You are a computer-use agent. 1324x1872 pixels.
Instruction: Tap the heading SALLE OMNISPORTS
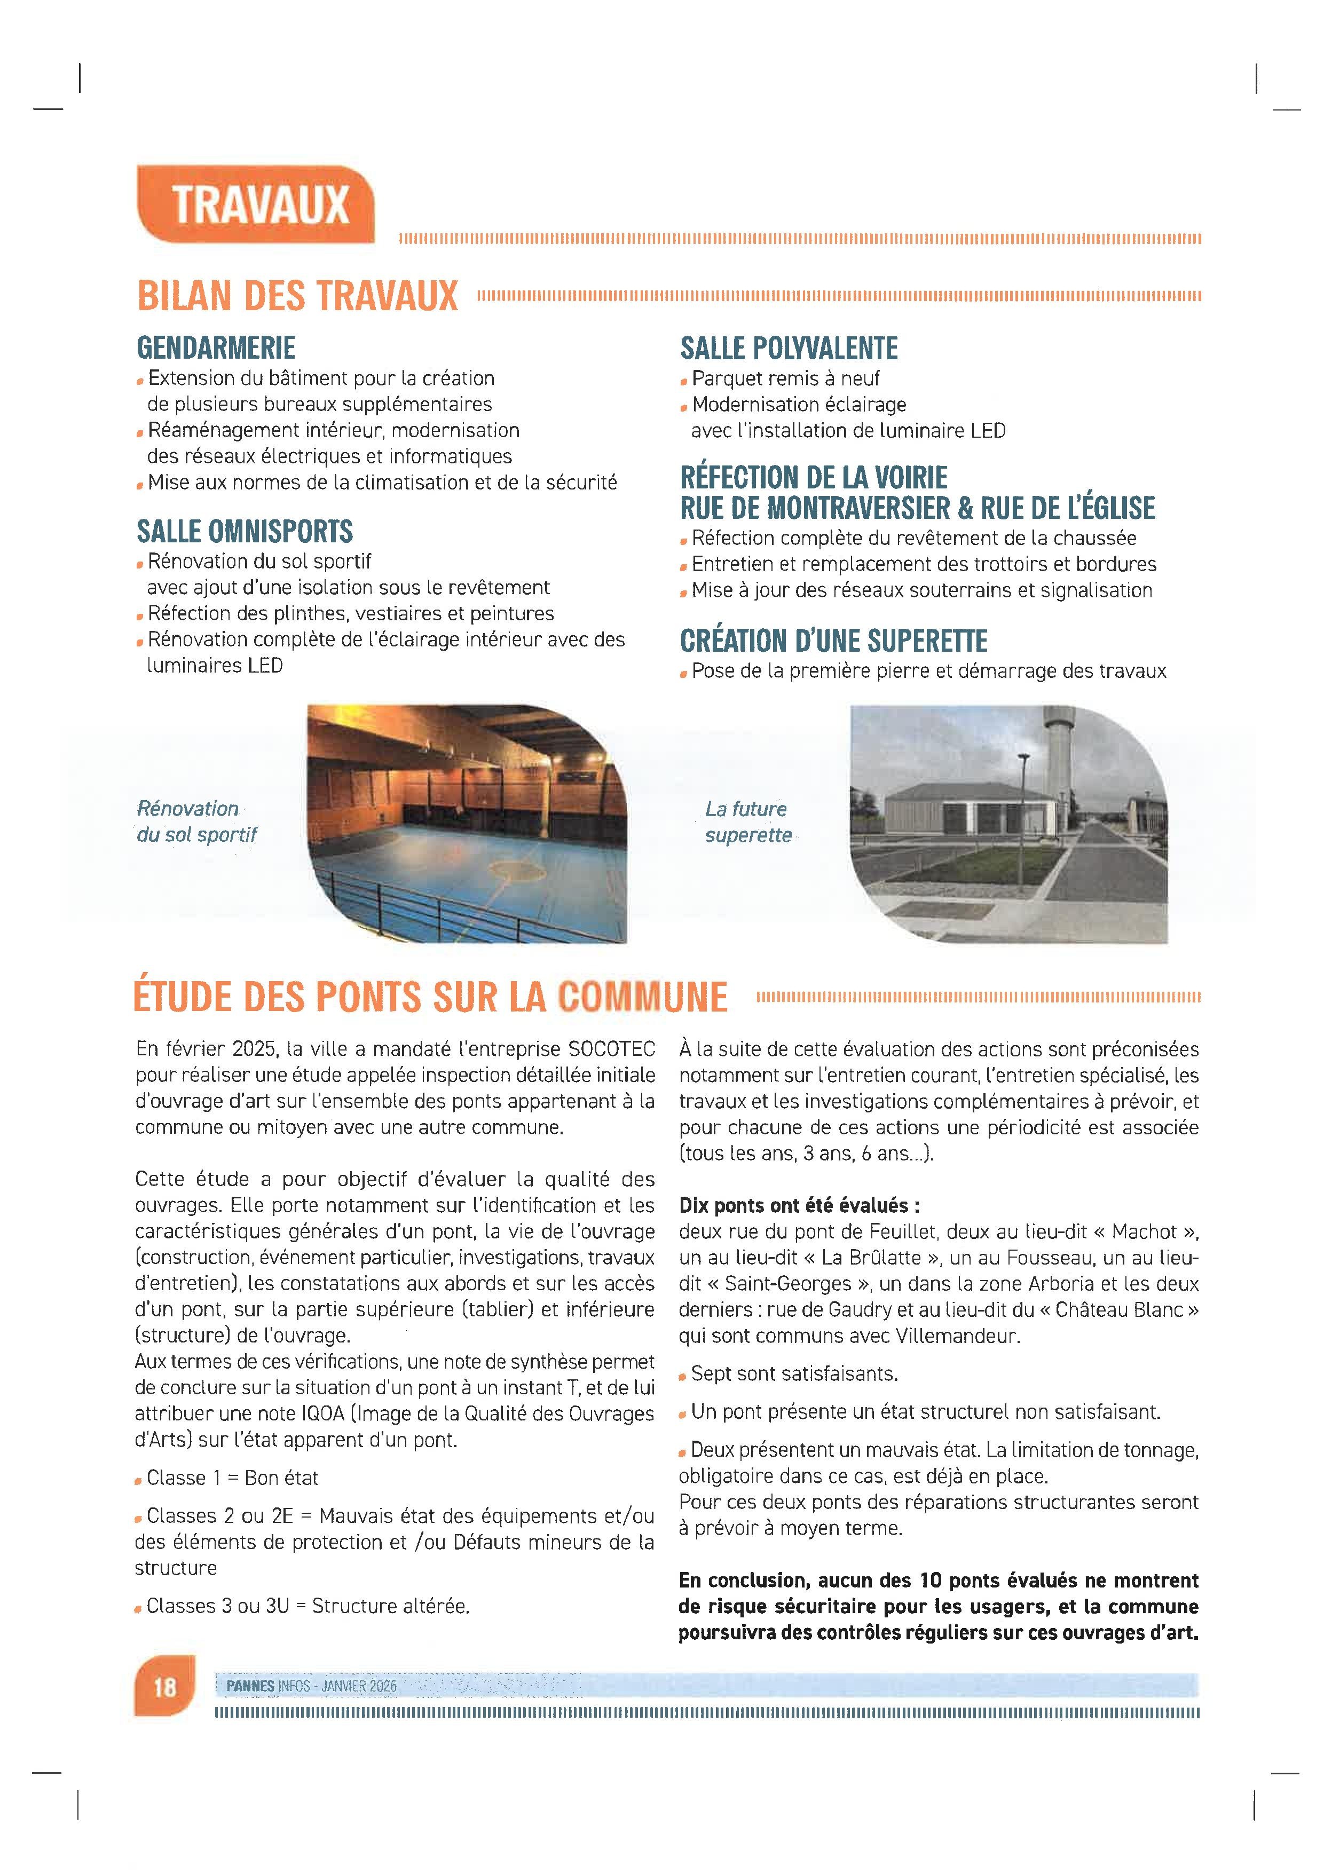pos(245,532)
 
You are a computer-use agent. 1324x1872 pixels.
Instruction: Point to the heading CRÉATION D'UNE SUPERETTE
pos(833,641)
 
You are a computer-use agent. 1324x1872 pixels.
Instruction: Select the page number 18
pos(164,1686)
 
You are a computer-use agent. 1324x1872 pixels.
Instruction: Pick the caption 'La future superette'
pos(747,822)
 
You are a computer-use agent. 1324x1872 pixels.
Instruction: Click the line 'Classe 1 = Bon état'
pos(232,1478)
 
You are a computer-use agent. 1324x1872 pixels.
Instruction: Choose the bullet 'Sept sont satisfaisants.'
pos(793,1374)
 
